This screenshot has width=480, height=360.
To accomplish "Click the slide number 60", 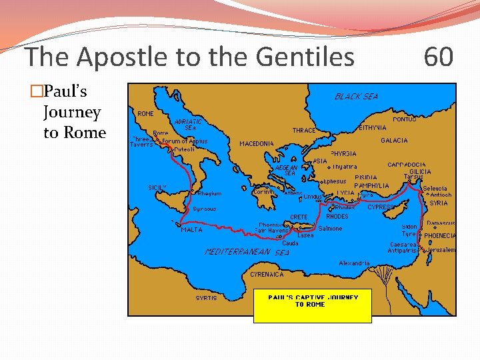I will click(439, 57).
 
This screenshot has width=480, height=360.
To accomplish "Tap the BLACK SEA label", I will click(356, 97).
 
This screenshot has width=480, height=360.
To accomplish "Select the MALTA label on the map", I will click(191, 230).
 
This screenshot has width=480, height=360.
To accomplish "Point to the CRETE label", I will click(299, 217).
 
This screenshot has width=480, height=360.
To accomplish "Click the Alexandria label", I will click(354, 263).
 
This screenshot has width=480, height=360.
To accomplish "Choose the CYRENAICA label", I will click(267, 274).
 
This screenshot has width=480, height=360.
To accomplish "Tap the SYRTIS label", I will click(206, 298).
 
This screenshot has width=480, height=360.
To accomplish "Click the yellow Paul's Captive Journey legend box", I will click(313, 306).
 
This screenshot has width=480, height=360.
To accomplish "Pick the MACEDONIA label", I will click(257, 143).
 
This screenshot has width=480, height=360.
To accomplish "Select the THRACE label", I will click(303, 130).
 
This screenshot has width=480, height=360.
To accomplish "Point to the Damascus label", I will click(441, 223).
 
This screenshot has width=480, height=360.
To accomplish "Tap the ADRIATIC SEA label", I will click(188, 125).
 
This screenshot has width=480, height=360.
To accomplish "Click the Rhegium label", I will click(209, 194).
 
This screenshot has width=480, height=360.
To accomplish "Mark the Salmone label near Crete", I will click(330, 229).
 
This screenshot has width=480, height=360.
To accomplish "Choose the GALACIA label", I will click(394, 141).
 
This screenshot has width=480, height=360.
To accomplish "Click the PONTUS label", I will click(405, 119).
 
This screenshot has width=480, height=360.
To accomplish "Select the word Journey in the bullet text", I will click(71, 112).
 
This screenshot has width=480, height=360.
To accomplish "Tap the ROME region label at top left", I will click(145, 114).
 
